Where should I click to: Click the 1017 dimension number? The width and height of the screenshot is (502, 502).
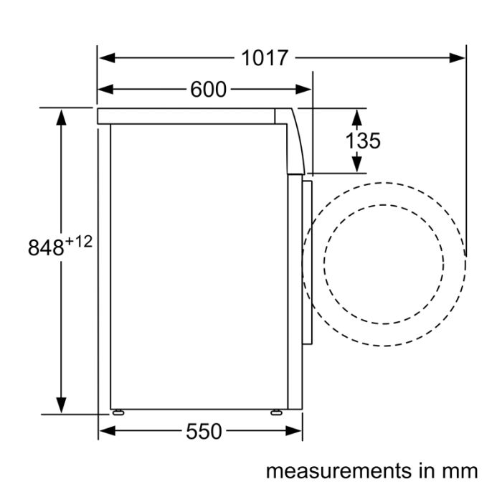pyautogui.click(x=265, y=58)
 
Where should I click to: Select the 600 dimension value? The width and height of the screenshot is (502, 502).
pyautogui.click(x=209, y=90)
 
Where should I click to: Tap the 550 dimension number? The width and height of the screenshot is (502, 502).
pyautogui.click(x=204, y=431)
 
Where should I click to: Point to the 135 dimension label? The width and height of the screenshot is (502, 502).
pyautogui.click(x=363, y=141)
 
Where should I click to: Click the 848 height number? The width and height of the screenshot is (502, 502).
pyautogui.click(x=46, y=247)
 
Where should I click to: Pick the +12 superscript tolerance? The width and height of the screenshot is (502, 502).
pyautogui.click(x=78, y=242)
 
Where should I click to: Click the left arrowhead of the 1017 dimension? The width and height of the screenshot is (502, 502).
pyautogui.click(x=107, y=58)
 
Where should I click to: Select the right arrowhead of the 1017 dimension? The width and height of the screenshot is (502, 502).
pyautogui.click(x=457, y=58)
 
